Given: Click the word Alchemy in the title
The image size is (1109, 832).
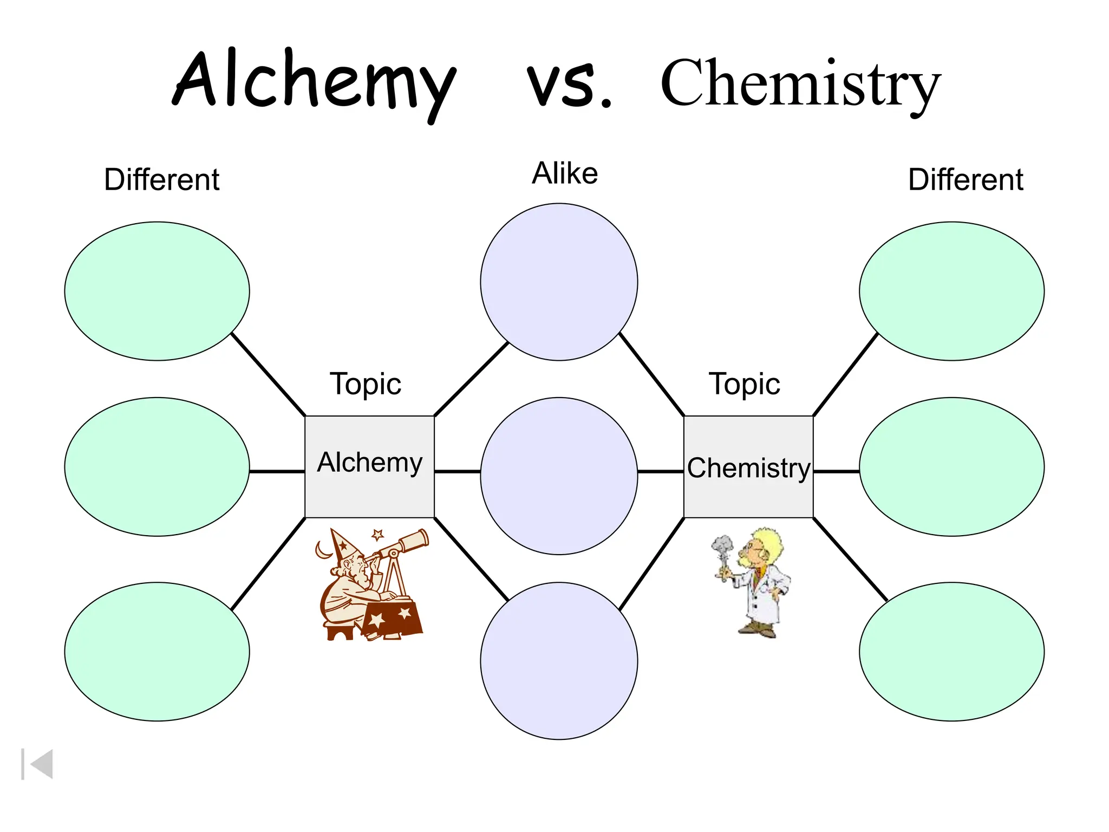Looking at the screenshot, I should (314, 81).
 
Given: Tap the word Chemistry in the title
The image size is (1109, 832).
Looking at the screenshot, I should (800, 84).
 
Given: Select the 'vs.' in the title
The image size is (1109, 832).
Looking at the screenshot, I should (569, 84).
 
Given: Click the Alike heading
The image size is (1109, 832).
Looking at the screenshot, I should (565, 173).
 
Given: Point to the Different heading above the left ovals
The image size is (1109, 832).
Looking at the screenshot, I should (161, 179).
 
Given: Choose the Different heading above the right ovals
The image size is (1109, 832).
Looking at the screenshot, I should (966, 179).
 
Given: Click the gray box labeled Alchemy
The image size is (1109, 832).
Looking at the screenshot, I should (369, 466).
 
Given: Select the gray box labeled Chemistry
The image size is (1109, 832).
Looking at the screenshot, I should (748, 466).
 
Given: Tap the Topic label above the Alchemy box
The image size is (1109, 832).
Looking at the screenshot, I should (366, 383).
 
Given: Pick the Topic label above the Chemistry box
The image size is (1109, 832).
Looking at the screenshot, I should (745, 383).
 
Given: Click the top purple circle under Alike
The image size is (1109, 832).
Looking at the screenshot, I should (559, 282).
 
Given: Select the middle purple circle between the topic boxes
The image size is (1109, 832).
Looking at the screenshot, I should (559, 476).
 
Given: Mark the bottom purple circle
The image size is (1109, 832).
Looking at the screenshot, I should (559, 661).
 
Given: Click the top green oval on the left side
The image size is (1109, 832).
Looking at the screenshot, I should (157, 291).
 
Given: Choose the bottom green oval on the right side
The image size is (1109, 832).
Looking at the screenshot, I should (951, 651).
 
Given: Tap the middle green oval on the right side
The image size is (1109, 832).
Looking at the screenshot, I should (951, 466).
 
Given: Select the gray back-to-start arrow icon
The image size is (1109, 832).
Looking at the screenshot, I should (38, 764).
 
